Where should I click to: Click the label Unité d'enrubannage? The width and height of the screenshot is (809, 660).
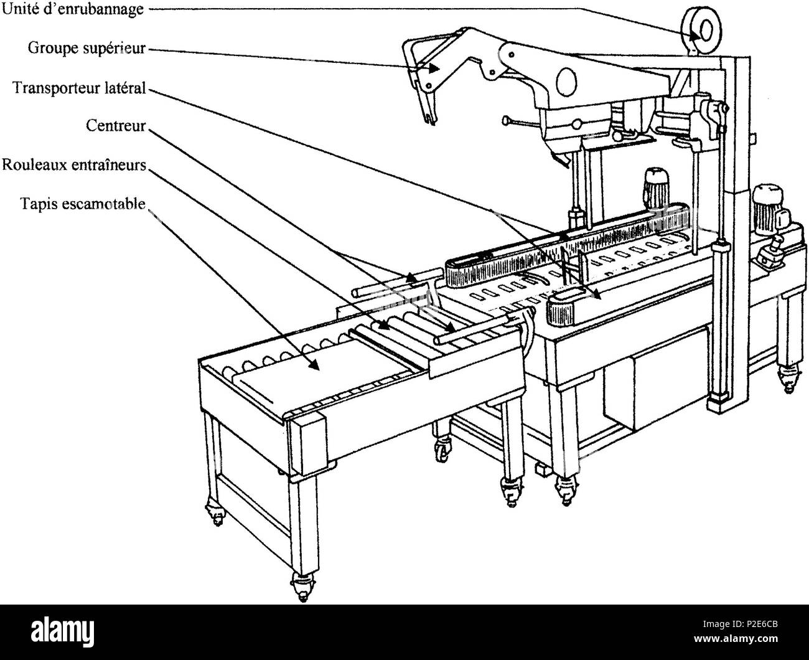pyautogui.click(x=73, y=9)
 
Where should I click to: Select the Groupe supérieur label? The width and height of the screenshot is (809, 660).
pyautogui.click(x=87, y=49)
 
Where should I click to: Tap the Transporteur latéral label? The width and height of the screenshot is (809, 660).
pyautogui.click(x=80, y=88)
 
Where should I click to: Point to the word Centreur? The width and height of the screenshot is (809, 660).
pyautogui.click(x=116, y=126)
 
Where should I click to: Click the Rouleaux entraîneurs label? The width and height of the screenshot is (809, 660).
pyautogui.click(x=74, y=164)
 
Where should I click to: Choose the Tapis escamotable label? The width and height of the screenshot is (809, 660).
pyautogui.click(x=83, y=204)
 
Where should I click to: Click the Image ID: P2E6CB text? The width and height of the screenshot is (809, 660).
pyautogui.click(x=740, y=625)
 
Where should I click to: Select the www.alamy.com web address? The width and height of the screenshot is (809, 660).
pyautogui.click(x=736, y=638)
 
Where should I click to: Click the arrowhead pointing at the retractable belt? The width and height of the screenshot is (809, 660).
pyautogui.click(x=314, y=365)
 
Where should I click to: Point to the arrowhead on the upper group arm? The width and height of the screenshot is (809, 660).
pyautogui.click(x=434, y=68)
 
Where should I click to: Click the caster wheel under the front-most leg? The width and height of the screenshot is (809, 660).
pyautogui.click(x=303, y=587)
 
